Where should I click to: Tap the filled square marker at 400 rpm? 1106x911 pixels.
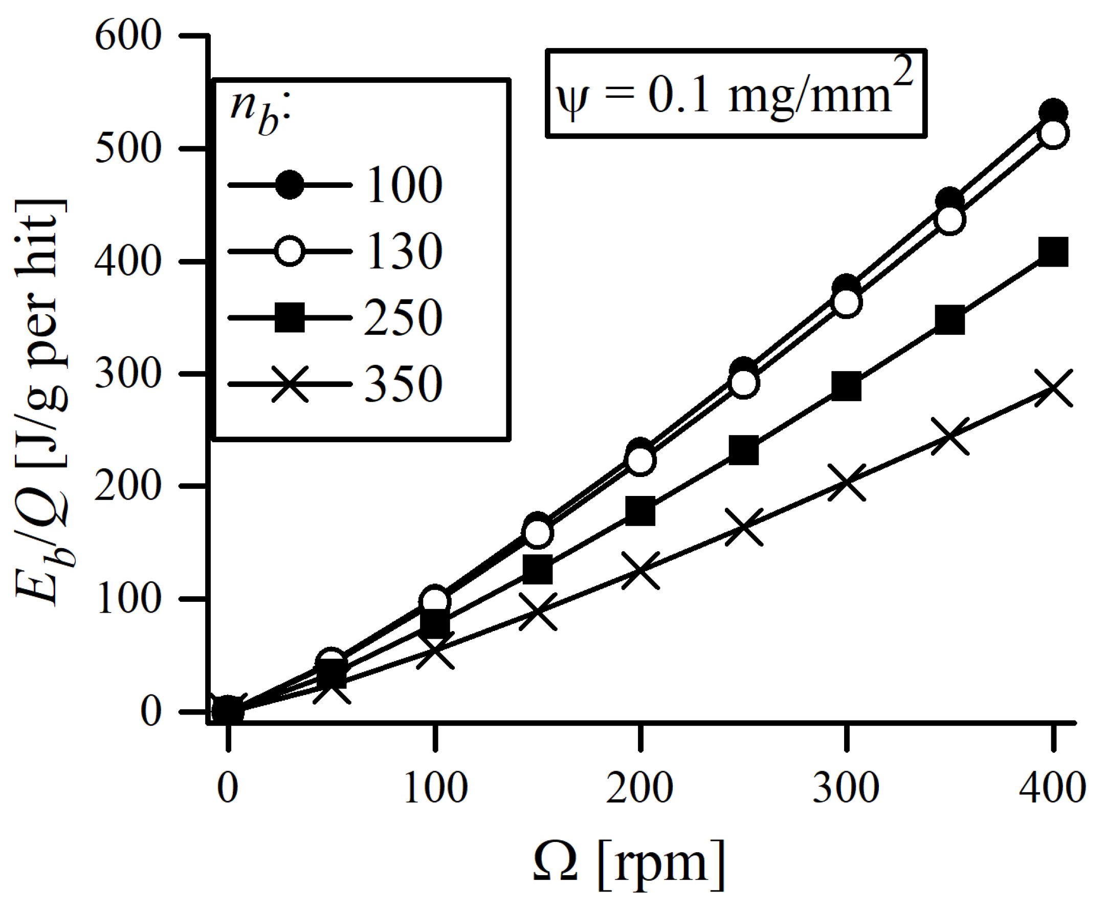(x=1053, y=251)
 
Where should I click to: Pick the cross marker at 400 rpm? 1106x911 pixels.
(x=1053, y=388)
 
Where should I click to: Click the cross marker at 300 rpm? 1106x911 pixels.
(x=847, y=482)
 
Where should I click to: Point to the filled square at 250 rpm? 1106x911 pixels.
(x=744, y=450)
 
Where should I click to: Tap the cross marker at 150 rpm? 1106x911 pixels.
(x=538, y=612)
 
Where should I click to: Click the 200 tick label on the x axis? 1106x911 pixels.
(x=639, y=789)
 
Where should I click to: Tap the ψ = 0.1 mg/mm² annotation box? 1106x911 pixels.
(x=736, y=94)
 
